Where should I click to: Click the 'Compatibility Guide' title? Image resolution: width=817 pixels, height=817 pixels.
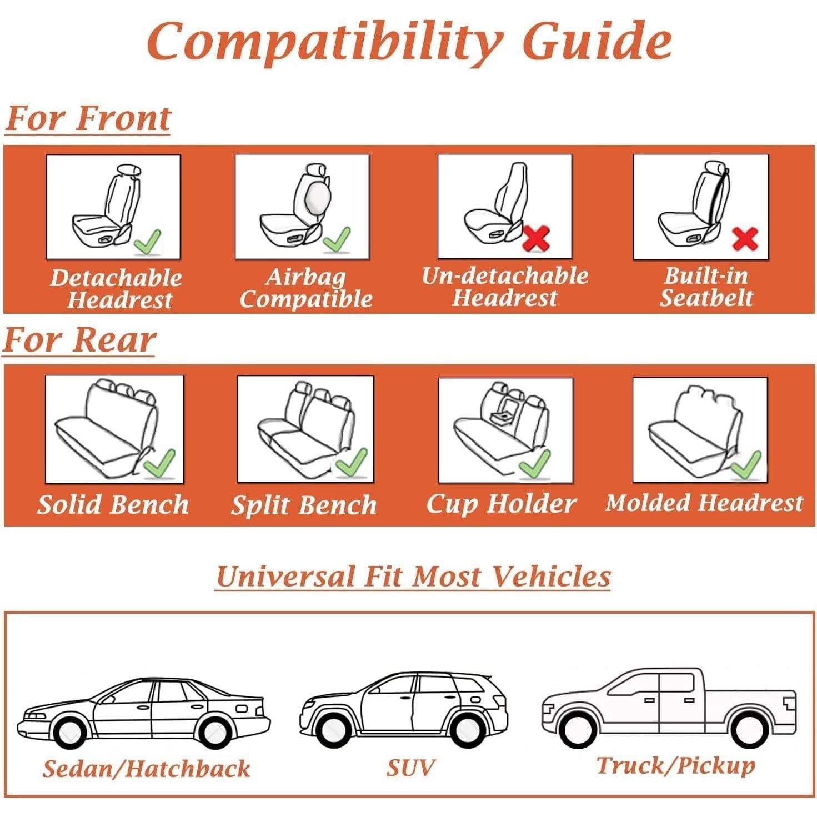pyautogui.click(x=409, y=42)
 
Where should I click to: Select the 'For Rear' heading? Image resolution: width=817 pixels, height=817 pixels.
pyautogui.click(x=79, y=340)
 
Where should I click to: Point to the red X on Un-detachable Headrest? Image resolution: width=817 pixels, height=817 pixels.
pyautogui.click(x=536, y=237)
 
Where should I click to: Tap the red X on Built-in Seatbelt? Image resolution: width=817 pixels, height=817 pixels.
pyautogui.click(x=745, y=239)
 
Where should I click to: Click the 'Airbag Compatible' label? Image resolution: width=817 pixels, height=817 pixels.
pyautogui.click(x=305, y=288)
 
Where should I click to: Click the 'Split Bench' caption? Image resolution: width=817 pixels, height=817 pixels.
pyautogui.click(x=304, y=505)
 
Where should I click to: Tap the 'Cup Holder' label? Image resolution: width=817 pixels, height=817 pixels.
pyautogui.click(x=501, y=503)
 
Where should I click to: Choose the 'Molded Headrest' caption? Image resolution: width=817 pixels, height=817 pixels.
pyautogui.click(x=704, y=503)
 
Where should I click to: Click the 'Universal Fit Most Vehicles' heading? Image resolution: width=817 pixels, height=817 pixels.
pyautogui.click(x=413, y=576)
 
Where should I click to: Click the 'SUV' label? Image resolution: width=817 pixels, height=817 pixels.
pyautogui.click(x=410, y=768)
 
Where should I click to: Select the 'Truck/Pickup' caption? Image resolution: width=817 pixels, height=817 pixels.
pyautogui.click(x=675, y=765)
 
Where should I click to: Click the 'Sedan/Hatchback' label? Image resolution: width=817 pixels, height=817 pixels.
pyautogui.click(x=146, y=769)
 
